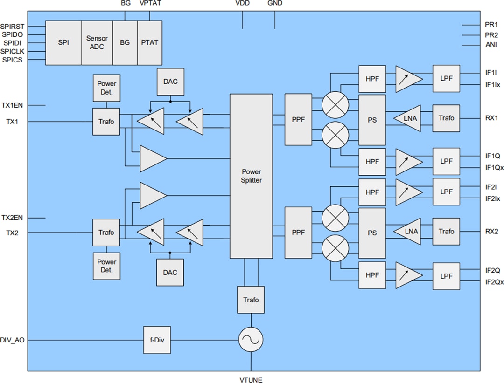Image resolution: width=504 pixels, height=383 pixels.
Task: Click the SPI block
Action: tap(63, 42)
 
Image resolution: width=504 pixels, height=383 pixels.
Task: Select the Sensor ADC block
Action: tap(97, 42)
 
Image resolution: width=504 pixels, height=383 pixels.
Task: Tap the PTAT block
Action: tap(149, 42)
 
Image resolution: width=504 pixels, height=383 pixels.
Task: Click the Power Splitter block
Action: tap(251, 176)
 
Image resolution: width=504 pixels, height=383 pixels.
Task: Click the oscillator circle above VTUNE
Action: tap(251, 340)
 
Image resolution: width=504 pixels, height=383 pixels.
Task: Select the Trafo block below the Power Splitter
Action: tap(251, 300)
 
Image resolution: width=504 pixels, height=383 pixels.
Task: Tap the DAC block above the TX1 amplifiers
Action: tap(170, 81)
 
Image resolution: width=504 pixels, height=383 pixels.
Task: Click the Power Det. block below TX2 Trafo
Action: tap(106, 266)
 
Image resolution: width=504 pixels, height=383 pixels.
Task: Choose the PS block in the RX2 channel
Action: tap(372, 233)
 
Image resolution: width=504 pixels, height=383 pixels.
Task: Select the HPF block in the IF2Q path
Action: tap(372, 276)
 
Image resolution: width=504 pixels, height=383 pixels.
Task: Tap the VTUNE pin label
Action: tap(251, 380)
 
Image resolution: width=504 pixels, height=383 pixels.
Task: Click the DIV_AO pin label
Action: tap(13, 341)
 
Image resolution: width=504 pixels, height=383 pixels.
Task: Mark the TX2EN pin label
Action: tap(13, 218)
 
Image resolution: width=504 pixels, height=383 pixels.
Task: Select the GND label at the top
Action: tap(274, 4)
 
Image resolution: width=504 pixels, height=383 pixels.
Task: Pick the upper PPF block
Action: tap(298, 119)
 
